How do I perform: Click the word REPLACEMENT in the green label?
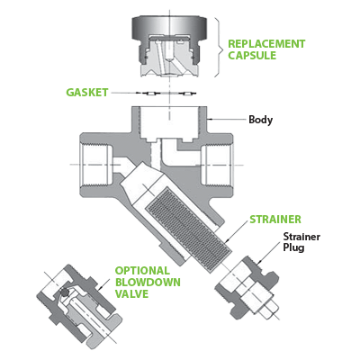(266, 44)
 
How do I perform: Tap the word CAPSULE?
(252, 56)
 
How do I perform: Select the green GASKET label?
(87, 92)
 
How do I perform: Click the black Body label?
(261, 120)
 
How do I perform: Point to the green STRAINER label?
(275, 220)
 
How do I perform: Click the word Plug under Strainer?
(294, 248)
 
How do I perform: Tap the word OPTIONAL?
(142, 271)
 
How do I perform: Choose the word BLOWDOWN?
(148, 283)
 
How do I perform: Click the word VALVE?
(131, 293)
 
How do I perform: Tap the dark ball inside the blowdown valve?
(64, 292)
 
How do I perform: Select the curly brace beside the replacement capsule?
(220, 47)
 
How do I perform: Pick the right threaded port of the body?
(216, 165)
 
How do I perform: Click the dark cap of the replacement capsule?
(169, 27)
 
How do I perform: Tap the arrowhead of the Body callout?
(209, 120)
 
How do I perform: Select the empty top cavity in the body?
(169, 123)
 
